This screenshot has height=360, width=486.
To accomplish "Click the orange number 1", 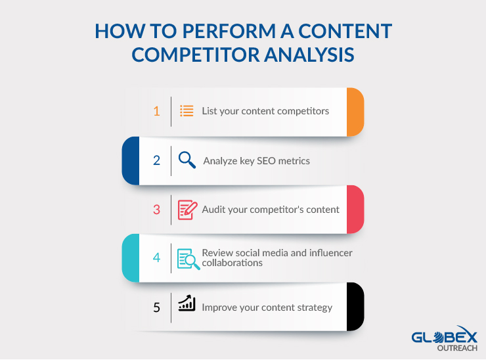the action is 156,111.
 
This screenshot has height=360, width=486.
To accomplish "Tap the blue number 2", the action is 156,160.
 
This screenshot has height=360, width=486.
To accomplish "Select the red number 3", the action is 156,210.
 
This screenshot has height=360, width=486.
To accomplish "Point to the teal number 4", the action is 156,258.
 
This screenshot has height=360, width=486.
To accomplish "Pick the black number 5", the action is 156,307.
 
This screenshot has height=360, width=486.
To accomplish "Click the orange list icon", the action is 187,111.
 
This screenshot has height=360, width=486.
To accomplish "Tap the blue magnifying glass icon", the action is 187,160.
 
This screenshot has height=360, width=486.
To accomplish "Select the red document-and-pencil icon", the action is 188,210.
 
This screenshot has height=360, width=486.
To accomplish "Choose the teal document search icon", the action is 188,259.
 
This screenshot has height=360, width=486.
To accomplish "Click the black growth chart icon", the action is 187,303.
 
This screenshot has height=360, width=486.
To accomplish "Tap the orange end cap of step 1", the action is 355,112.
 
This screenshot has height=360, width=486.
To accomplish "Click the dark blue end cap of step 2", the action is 131,160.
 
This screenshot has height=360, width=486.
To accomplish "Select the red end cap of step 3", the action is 355,210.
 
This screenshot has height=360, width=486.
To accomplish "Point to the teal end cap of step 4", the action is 131,258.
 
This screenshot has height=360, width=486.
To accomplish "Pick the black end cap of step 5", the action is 355,307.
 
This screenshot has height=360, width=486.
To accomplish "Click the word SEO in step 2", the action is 266,161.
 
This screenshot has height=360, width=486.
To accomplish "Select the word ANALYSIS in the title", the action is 309,55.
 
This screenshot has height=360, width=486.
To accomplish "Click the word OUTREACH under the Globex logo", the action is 457,348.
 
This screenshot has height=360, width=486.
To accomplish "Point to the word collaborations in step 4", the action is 232,263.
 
